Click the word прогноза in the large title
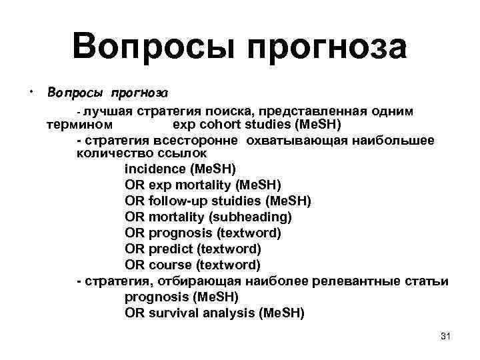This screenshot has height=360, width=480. pos(326,48)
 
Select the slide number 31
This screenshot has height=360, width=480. pos(446,336)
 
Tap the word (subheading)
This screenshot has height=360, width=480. pos(250,217)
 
